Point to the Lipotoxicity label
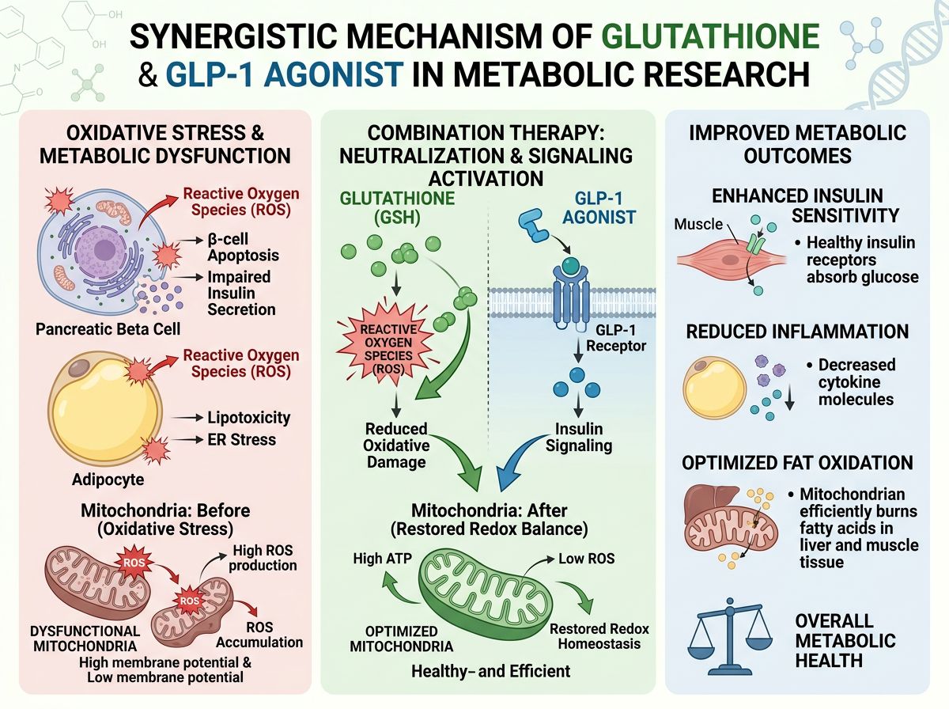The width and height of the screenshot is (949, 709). point(248,417)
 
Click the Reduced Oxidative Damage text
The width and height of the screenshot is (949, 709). point(396,445)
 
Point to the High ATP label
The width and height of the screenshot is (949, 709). point(379,559)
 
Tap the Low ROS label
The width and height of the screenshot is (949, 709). point(587,559)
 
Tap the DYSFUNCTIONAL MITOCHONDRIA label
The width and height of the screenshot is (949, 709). point(85,640)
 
